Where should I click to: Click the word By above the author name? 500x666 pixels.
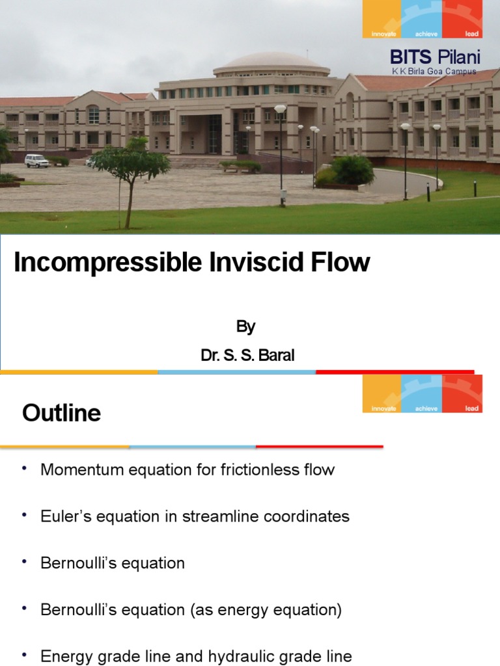(x=245, y=326)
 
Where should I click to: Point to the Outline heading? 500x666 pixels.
(x=61, y=413)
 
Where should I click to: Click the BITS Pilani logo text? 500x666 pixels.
(x=435, y=57)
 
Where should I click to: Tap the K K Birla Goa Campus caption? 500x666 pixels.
(x=434, y=71)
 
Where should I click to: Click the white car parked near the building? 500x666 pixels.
(x=36, y=160)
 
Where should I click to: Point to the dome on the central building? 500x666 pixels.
(x=271, y=62)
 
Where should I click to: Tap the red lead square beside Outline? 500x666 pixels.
(x=462, y=393)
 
